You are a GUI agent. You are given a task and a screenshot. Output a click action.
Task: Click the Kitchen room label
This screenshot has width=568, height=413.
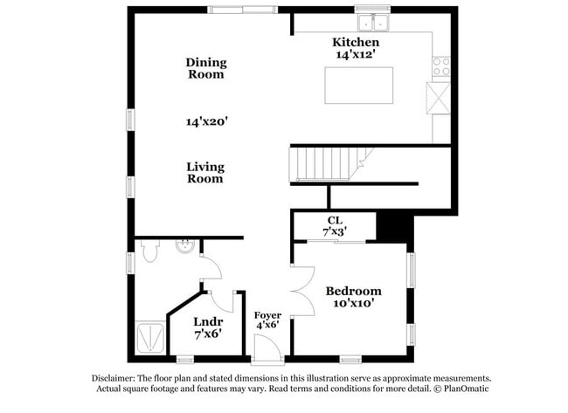click(x=356, y=42)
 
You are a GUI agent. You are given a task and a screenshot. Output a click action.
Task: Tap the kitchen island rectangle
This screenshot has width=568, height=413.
click(x=358, y=86)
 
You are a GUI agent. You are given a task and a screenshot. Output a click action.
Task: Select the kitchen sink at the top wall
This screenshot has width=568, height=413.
click(x=373, y=22)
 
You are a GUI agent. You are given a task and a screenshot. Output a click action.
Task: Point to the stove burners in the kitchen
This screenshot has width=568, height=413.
click(x=440, y=65)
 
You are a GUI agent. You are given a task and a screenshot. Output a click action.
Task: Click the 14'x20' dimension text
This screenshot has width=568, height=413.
click(x=205, y=122)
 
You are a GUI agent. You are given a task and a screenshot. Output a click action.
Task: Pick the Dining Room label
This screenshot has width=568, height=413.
click(x=205, y=68)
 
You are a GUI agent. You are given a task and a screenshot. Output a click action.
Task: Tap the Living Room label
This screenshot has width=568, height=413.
click(x=205, y=172)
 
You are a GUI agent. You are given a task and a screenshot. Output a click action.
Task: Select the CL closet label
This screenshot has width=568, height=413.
click(x=334, y=220)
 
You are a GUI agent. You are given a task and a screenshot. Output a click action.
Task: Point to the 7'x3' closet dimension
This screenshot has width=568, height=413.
click(x=334, y=231)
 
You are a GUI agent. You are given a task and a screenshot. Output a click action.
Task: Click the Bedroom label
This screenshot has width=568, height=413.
click(x=353, y=291)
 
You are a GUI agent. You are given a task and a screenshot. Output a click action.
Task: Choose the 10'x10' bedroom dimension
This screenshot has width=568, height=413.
click(x=353, y=303)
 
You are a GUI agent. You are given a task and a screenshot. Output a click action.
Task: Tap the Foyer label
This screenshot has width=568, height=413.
click(x=267, y=314)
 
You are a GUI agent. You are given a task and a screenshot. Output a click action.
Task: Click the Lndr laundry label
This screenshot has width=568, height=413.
click(x=207, y=321)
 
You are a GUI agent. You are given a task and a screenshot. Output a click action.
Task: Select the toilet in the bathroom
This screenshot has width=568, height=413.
click(x=149, y=252)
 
